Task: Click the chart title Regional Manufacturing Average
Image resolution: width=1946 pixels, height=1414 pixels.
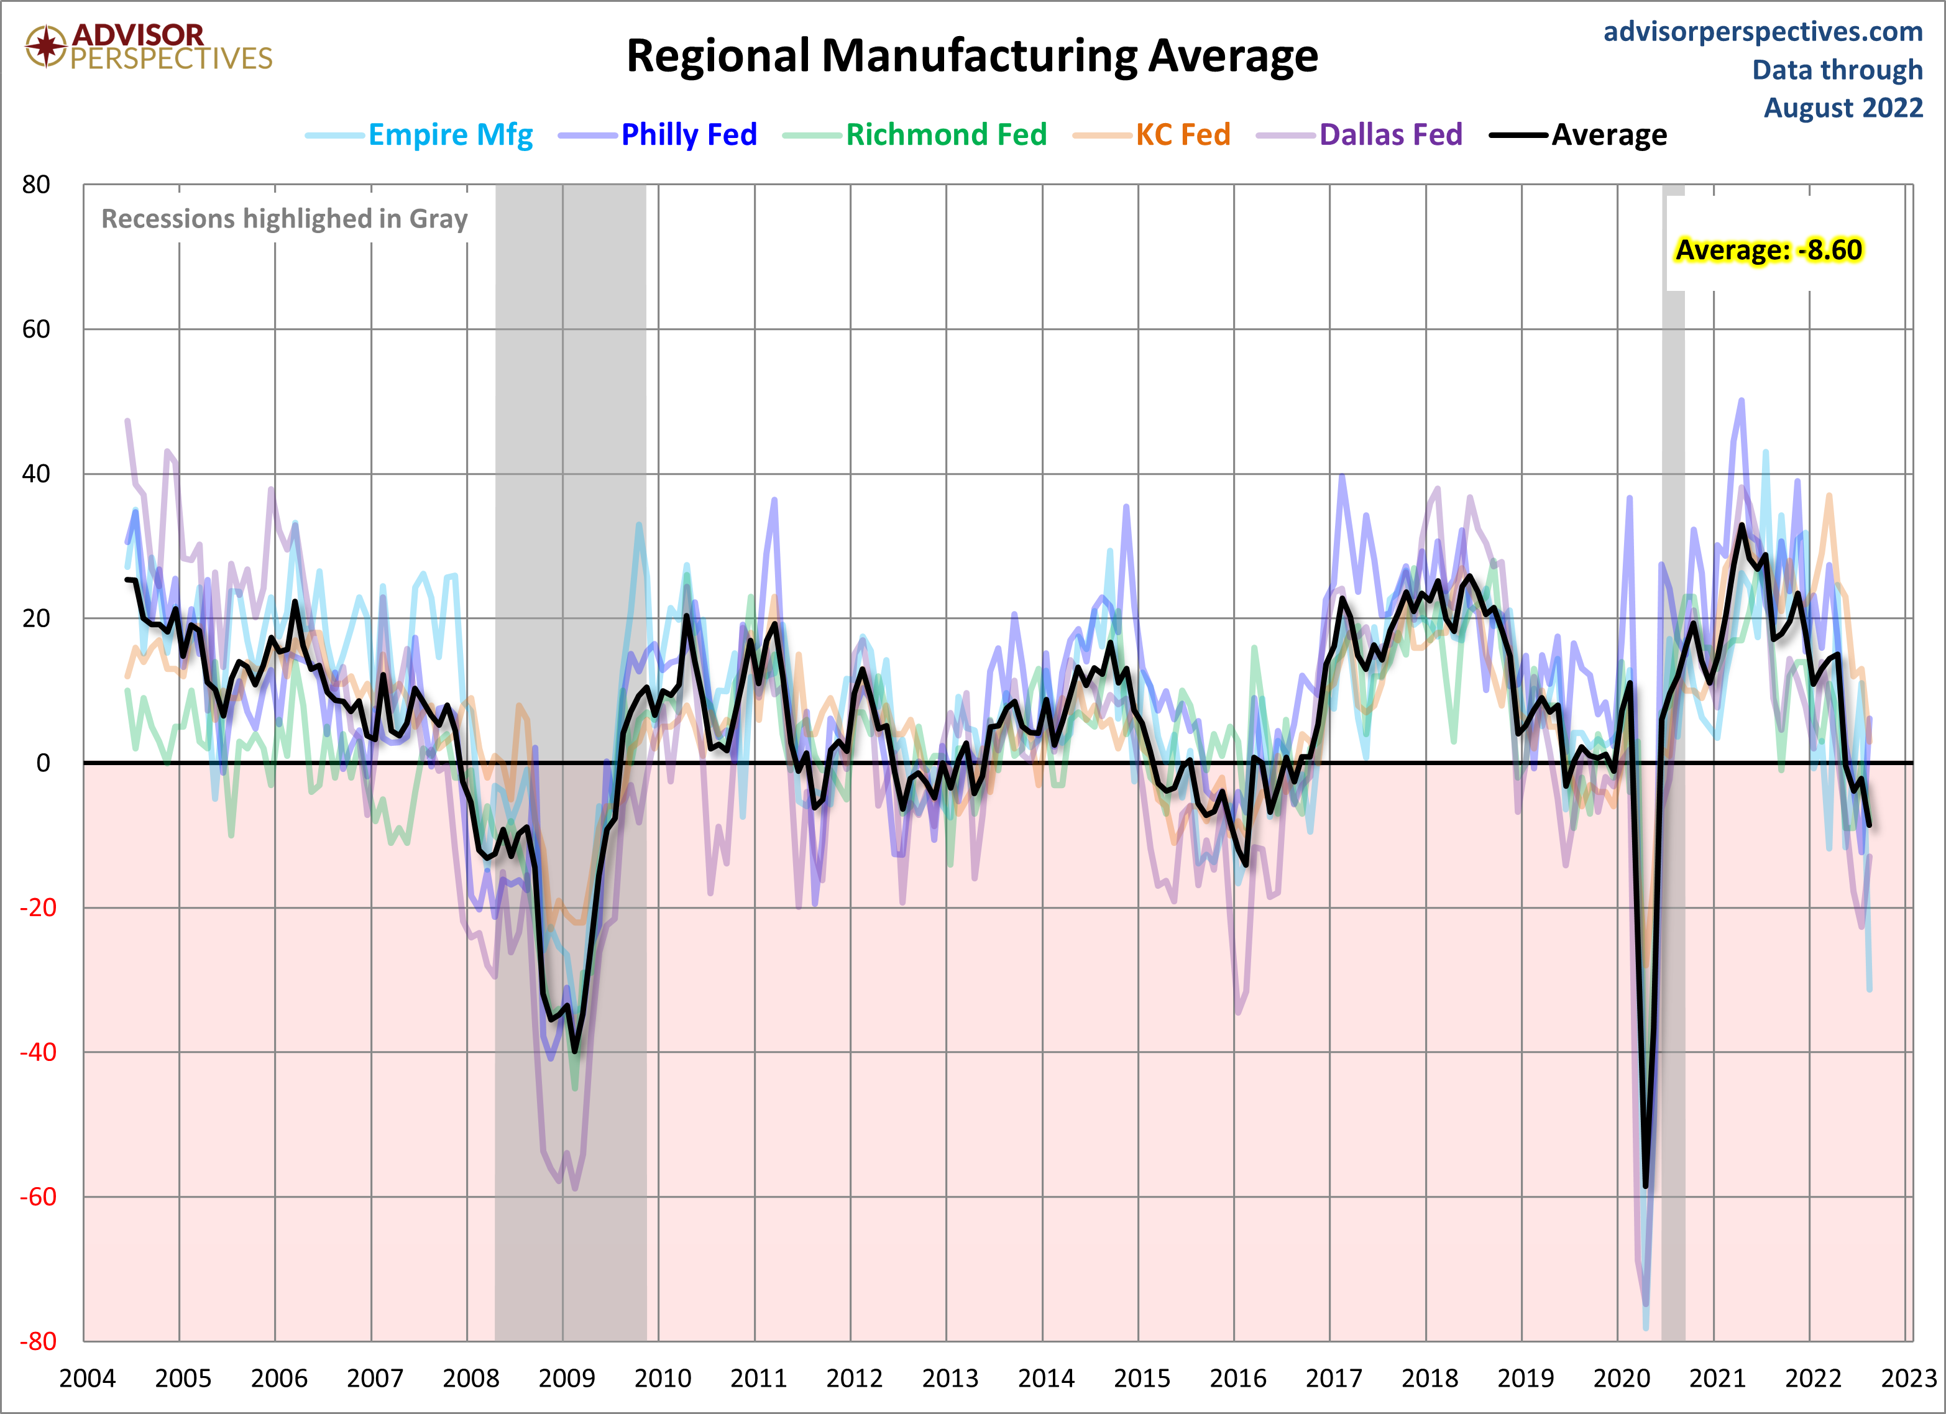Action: pyautogui.click(x=971, y=57)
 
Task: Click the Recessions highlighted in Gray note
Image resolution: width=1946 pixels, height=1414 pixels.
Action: pyautogui.click(x=284, y=219)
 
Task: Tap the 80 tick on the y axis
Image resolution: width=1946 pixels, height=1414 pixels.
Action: pyautogui.click(x=36, y=185)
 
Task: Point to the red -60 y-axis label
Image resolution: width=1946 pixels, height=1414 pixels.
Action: pyautogui.click(x=39, y=1197)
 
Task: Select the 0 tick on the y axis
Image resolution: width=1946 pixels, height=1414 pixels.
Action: pyautogui.click(x=43, y=763)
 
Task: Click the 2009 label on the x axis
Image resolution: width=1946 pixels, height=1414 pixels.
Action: pyautogui.click(x=566, y=1379)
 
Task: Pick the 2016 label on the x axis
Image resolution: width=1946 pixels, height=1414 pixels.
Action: pyautogui.click(x=1237, y=1379)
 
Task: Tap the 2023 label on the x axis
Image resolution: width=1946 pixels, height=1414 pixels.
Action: pyautogui.click(x=1908, y=1379)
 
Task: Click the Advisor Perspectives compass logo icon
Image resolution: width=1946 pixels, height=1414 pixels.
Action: pyautogui.click(x=45, y=45)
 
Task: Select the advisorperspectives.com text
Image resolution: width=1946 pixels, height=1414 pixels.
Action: pyautogui.click(x=1763, y=32)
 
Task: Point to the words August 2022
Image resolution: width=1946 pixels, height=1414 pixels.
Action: pyautogui.click(x=1843, y=108)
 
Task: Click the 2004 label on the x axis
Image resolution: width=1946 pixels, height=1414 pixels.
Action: pyautogui.click(x=86, y=1379)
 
